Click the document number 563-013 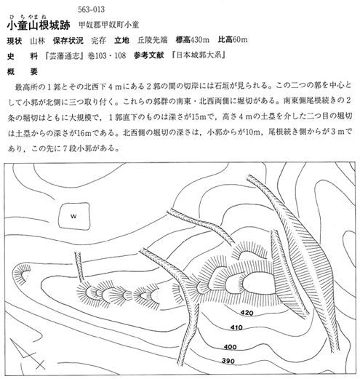[x=92, y=9]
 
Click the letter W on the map [x=73, y=216]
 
